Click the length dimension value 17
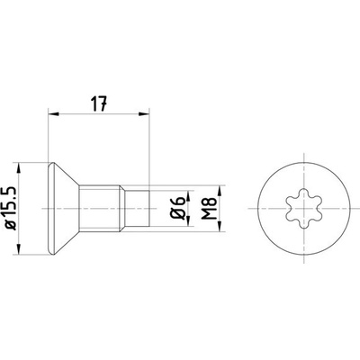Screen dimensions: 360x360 [x=99, y=103]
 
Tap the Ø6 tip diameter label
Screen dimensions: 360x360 [x=177, y=208]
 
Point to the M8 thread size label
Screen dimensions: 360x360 [x=210, y=208]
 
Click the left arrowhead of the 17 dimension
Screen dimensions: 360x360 [x=53, y=113]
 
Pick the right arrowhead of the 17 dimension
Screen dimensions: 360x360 [x=144, y=113]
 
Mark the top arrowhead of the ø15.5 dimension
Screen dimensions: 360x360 [x=19, y=168]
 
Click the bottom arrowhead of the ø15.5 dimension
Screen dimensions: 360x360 [x=19, y=249]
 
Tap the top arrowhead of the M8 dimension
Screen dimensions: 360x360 [x=220, y=191]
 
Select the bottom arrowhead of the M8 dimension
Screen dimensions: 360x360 [x=220, y=227]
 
